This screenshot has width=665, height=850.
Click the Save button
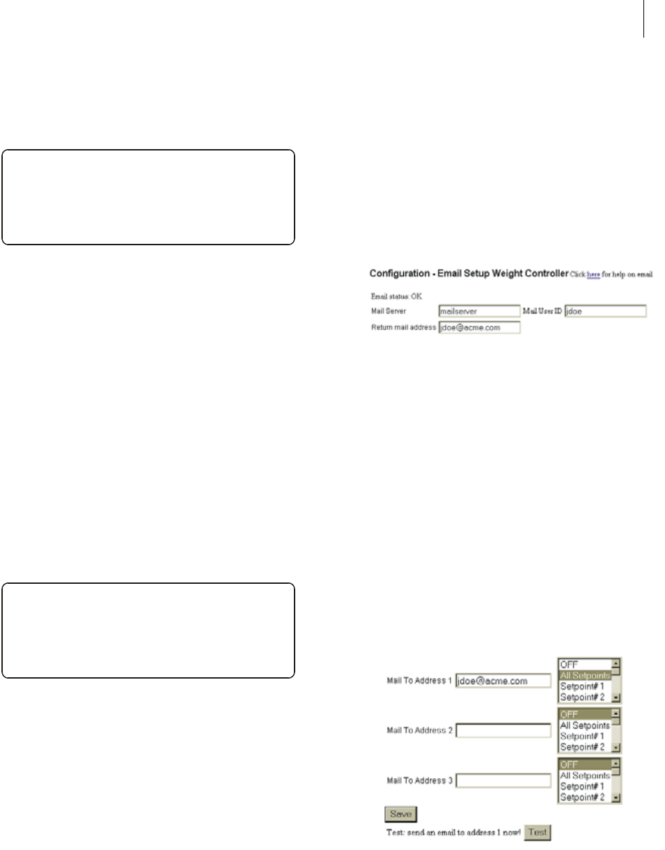tap(400, 814)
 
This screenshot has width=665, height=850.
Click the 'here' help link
tap(593, 275)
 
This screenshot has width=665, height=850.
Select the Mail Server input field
tap(479, 312)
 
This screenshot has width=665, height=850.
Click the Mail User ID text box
tap(605, 312)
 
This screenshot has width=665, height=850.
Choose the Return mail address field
tap(479, 327)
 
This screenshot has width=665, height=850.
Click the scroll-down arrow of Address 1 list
tap(616, 697)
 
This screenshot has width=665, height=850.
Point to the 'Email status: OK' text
tap(391, 297)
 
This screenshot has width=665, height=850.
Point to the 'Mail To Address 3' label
tap(419, 781)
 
